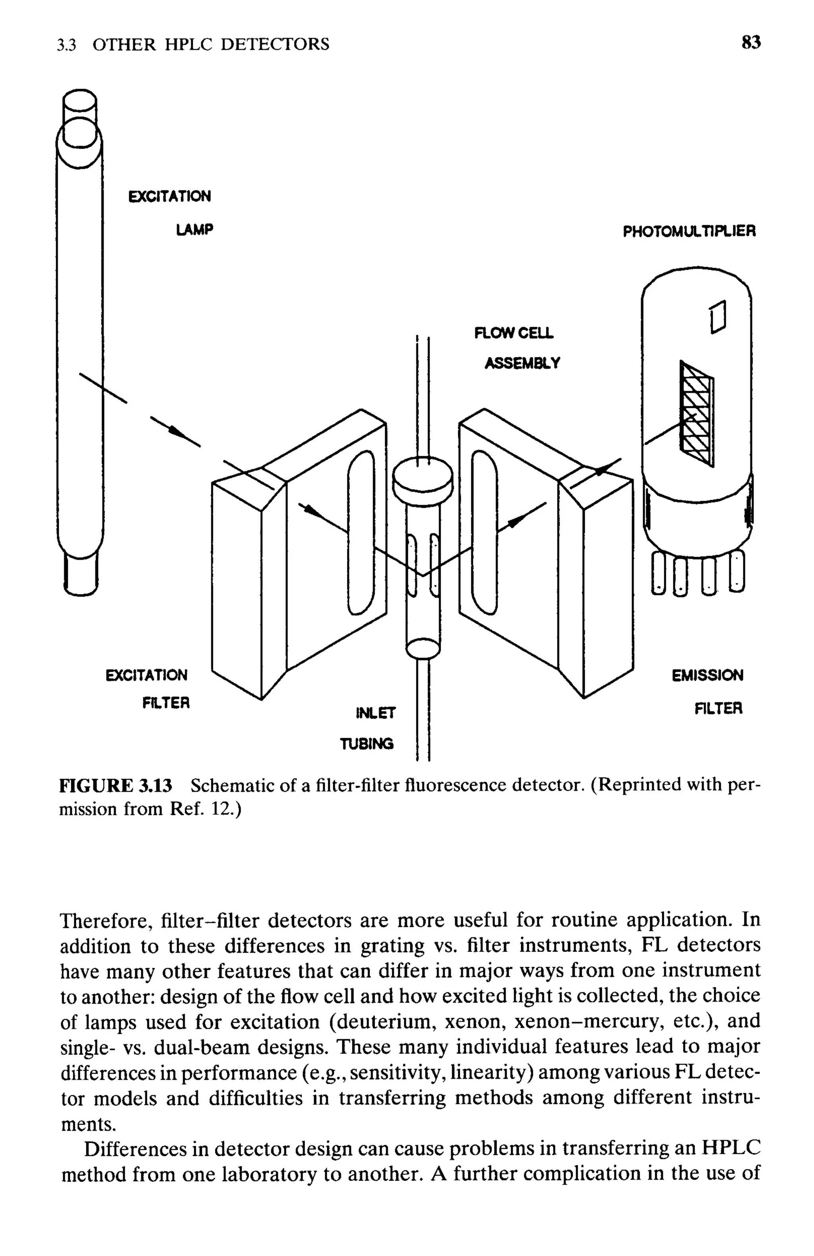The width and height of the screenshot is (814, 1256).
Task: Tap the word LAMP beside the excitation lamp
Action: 194,230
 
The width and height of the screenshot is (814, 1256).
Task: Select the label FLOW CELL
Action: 514,333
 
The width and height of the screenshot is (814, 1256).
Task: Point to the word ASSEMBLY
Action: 522,363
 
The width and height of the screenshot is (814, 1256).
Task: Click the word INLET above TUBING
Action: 375,713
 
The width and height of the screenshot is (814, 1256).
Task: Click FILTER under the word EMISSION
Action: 718,708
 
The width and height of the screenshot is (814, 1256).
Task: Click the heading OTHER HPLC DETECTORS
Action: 211,44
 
